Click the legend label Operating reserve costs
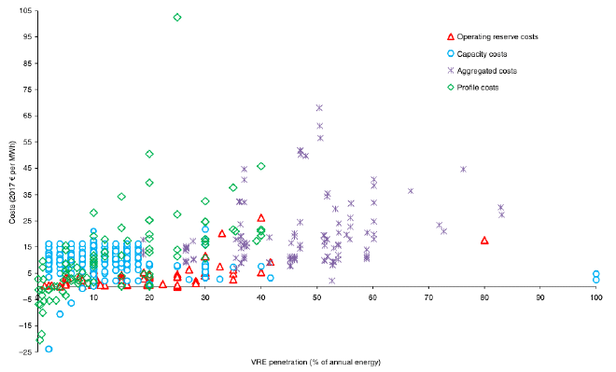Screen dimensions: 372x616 click(x=497, y=37)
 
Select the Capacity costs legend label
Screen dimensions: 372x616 click(x=483, y=54)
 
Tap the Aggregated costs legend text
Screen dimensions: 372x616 click(x=486, y=71)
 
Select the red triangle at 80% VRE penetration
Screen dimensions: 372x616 click(x=484, y=241)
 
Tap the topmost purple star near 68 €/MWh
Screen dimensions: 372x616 click(x=319, y=108)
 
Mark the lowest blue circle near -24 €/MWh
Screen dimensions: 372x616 click(x=49, y=349)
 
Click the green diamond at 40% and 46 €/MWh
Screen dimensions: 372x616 click(x=261, y=166)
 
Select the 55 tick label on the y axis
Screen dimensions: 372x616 click(x=27, y=141)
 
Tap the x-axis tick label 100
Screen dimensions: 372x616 click(x=595, y=296)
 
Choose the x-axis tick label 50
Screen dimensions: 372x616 click(x=316, y=296)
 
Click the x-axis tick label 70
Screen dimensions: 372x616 click(x=428, y=296)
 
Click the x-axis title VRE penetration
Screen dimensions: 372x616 click(x=316, y=361)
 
